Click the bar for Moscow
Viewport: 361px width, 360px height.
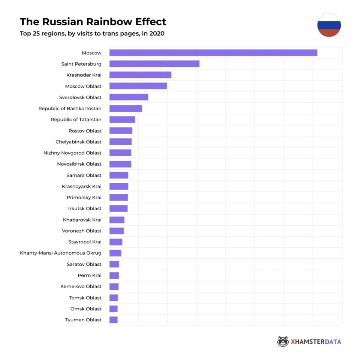coord(213,53)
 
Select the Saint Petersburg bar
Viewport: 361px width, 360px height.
coord(154,64)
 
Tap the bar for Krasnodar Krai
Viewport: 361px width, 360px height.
coord(140,75)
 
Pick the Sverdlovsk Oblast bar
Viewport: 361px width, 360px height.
coord(129,97)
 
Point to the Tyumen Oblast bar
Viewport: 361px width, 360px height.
coord(113,320)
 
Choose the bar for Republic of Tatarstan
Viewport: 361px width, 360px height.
coord(122,120)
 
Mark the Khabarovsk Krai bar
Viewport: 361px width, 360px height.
coord(117,220)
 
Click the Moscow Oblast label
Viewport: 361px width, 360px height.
coord(83,86)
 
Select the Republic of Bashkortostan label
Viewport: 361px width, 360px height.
coord(70,108)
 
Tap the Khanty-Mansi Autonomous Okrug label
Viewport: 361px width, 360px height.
coord(60,253)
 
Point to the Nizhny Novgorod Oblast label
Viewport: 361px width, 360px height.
coord(72,153)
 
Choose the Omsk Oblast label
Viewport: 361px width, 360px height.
coord(86,309)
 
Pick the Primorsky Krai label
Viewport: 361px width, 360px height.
coord(84,198)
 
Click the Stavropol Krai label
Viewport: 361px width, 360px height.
coord(85,242)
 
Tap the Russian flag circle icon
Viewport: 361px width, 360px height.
coord(329,25)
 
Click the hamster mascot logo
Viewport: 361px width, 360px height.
coord(283,342)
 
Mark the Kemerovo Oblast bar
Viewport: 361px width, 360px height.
coord(114,287)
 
